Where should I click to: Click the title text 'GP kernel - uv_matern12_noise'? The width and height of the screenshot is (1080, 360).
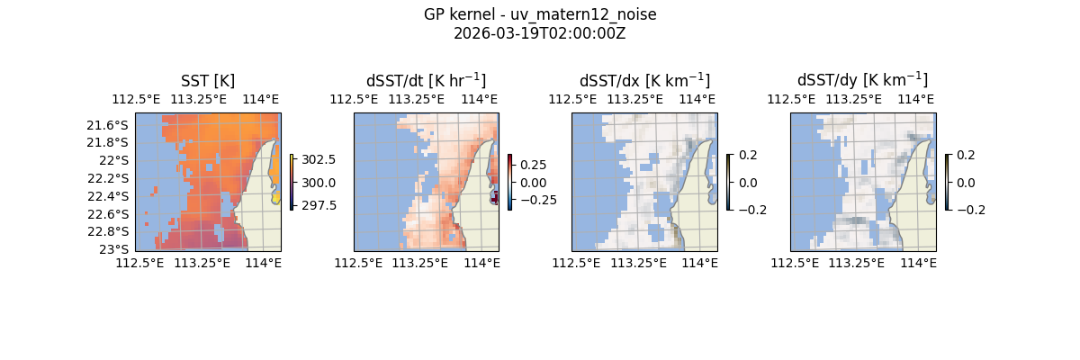coord(540,14)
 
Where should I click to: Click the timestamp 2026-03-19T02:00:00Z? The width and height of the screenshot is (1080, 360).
coord(540,33)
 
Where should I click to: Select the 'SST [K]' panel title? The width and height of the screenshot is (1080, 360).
coord(208,81)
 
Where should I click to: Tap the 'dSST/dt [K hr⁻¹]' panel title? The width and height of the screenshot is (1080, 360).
coord(426,80)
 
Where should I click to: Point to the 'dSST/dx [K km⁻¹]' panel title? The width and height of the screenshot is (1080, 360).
coord(644,80)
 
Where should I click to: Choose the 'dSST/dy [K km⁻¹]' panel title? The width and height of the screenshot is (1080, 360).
coord(862,80)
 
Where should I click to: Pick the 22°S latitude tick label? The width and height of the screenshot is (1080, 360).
coord(116,160)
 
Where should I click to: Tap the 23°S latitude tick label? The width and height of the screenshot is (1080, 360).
coord(116,248)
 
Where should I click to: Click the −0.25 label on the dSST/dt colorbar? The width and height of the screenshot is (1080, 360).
coord(535,200)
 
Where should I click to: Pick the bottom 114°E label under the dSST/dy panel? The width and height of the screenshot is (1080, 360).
coord(918,263)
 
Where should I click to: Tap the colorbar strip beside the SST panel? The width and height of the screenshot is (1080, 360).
coord(292,182)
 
